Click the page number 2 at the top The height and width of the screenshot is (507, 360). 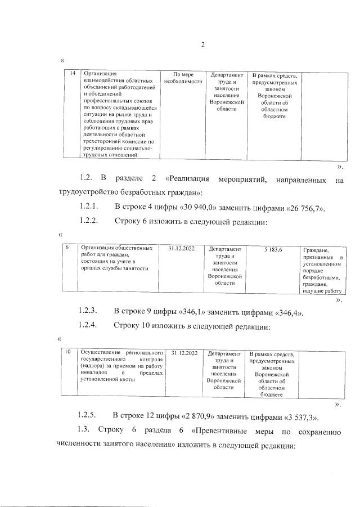[202, 46]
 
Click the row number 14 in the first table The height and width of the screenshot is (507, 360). [72, 74]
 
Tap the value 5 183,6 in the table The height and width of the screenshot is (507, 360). [273, 249]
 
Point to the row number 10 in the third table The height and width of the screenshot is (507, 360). [67, 353]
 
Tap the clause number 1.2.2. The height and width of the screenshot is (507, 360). [89, 221]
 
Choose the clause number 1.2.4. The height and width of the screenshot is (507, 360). [89, 325]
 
